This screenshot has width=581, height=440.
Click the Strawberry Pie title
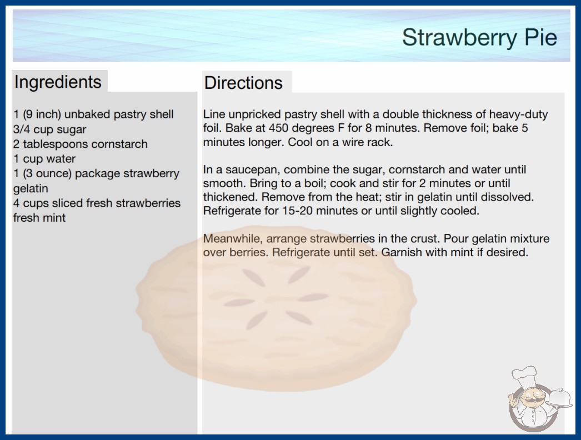click(479, 37)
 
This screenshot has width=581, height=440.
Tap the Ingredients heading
click(58, 82)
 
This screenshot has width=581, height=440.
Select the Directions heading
click(243, 83)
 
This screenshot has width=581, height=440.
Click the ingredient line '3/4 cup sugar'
click(49, 129)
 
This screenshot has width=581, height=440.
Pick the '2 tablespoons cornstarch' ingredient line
click(81, 144)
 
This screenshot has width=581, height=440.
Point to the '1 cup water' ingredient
click(44, 159)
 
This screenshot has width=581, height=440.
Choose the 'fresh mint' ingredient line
click(39, 218)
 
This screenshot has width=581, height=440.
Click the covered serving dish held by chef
click(559, 398)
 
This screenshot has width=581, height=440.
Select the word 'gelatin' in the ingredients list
click(31, 189)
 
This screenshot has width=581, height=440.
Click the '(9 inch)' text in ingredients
click(42, 114)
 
